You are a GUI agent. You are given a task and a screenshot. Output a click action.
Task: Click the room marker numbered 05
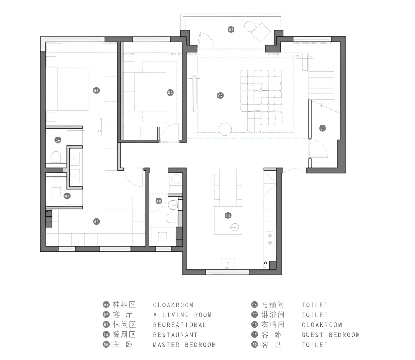click(96, 91)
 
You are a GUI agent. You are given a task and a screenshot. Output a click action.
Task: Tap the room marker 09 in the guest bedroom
click(170, 93)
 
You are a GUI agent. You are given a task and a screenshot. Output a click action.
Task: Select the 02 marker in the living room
click(220, 96)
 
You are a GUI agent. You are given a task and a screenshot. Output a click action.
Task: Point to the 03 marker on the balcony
click(231, 29)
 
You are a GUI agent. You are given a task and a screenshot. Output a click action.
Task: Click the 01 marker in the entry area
click(322, 128)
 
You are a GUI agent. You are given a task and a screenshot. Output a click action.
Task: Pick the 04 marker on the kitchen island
click(228, 216)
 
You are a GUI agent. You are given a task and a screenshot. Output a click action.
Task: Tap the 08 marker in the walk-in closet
click(96, 222)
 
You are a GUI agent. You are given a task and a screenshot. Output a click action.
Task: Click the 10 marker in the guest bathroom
click(159, 201)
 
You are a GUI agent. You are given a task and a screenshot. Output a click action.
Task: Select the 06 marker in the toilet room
click(58, 140)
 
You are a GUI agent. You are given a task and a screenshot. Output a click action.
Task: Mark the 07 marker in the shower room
click(67, 196)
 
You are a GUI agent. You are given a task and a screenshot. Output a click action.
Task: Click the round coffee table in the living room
click(225, 130)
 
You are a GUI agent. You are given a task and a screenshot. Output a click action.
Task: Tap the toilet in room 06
click(56, 157)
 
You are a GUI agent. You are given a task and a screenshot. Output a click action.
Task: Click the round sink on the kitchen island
click(234, 227)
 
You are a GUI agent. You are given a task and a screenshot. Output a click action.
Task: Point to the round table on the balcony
click(250, 26)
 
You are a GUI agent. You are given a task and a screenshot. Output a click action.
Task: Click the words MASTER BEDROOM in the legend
click(184, 345)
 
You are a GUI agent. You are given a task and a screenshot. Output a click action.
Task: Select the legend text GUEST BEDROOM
click(331, 335)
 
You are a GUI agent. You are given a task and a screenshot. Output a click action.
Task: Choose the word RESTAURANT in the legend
click(175, 335)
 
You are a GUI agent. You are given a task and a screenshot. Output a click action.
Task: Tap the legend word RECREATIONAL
click(180, 325)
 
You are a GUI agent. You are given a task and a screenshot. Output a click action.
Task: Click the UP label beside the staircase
click(298, 57)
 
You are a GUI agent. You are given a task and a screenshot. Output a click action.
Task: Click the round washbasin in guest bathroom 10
click(173, 205)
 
